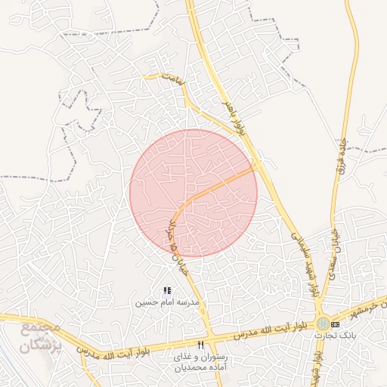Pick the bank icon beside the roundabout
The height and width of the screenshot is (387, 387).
coord(336,324)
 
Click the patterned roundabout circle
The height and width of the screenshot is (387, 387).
coord(323,324)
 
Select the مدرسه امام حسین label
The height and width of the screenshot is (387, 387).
coord(166,302)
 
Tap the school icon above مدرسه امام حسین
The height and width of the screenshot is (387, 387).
coord(167,290)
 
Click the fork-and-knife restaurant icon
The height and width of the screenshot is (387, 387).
coord(200,345)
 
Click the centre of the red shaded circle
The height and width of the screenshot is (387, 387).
coord(193,193)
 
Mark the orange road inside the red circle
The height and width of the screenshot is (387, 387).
coord(219,185)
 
